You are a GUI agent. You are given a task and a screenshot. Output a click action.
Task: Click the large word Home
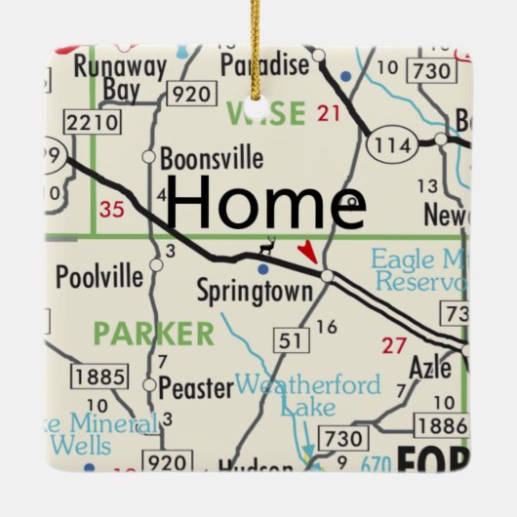[266, 203]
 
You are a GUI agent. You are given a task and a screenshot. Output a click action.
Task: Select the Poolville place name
[99, 276]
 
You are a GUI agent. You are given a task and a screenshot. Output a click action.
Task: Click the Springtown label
[255, 291]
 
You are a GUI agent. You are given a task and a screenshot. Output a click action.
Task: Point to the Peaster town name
[196, 387]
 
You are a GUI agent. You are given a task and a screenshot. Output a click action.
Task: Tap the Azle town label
[430, 369]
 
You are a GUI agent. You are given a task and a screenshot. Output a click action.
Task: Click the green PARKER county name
[154, 334]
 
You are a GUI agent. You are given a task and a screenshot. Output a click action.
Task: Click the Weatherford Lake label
[308, 394]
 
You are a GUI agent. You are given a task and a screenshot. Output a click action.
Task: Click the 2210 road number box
[92, 123]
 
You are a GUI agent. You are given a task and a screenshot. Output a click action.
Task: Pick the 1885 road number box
[99, 377]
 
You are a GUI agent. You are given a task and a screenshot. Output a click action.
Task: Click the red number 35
[112, 208]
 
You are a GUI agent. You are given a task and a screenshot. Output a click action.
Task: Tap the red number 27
[394, 343]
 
